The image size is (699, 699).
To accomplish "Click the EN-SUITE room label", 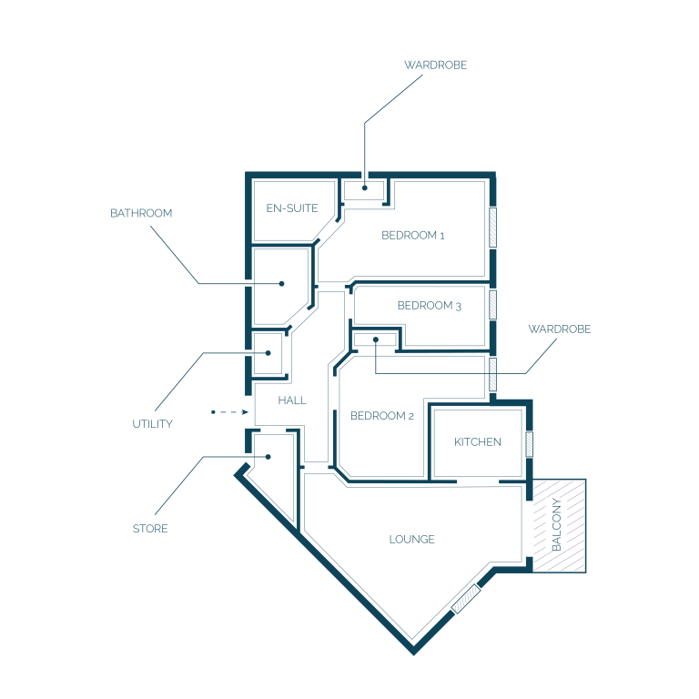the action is point(292,208).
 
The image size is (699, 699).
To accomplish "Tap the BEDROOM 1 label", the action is point(413,236).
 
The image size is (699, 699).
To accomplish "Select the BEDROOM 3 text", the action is point(429,306).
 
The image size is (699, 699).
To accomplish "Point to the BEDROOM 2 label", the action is point(382,416).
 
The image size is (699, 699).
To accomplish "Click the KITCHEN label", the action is point(478,441).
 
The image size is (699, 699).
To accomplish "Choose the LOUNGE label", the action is point(411,540).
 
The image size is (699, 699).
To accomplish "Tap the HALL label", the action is point(292,400).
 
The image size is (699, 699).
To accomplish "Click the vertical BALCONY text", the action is point(556,524).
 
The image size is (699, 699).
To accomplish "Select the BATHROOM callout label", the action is point(141,213).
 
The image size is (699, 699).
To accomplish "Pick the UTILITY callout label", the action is point(153,424).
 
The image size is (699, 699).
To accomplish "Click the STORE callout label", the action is point(150,529).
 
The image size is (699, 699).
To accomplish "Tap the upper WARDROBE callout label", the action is point(436,66).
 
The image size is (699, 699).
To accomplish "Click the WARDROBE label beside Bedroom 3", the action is point(560,329).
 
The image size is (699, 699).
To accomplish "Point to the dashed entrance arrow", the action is point(229,412).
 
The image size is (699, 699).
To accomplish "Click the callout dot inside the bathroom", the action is point(281,284).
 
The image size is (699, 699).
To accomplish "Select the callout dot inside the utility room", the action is point(268,353).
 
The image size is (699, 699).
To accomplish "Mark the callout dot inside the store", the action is point(268,457).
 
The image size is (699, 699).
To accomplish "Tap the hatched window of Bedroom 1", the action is point(492,228).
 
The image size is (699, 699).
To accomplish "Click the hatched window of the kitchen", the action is point(529,444).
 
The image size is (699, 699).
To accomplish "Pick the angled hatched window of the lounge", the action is point(466,599).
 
